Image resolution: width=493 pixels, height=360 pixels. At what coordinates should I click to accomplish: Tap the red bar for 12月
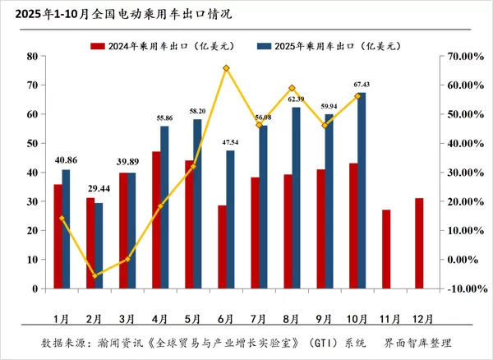tap(419, 243)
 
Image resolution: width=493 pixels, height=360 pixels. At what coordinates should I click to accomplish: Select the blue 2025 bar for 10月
tap(362, 191)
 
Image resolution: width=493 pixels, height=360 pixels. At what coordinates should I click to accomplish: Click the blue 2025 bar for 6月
tap(230, 219)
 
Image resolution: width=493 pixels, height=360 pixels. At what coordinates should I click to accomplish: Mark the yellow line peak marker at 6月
tap(226, 68)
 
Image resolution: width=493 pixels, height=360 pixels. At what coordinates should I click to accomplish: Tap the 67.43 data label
tap(362, 85)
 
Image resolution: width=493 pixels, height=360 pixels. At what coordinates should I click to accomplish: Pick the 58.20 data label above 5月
tap(197, 111)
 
